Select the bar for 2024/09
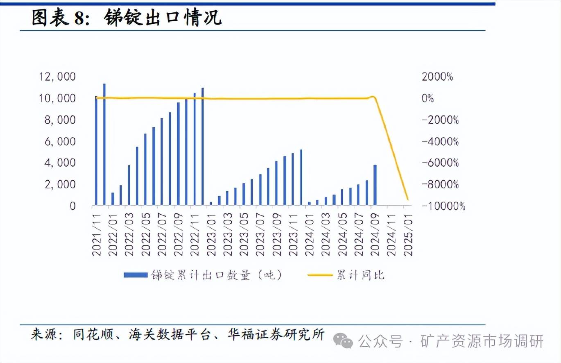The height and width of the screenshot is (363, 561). pyautogui.click(x=375, y=185)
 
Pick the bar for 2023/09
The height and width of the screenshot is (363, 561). pyautogui.click(x=276, y=183)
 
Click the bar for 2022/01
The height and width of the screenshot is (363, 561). pyautogui.click(x=113, y=199)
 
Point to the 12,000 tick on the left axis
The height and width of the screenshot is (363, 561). pyautogui.click(x=57, y=77)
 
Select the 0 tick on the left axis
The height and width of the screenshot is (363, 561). pyautogui.click(x=72, y=206)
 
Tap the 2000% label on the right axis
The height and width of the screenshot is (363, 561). pyautogui.click(x=438, y=77)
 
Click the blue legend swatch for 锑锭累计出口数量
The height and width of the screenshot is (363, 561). pyautogui.click(x=135, y=275)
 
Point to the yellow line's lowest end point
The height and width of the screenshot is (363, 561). pyautogui.click(x=407, y=200)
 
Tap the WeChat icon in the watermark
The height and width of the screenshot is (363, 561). pyautogui.click(x=343, y=340)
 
